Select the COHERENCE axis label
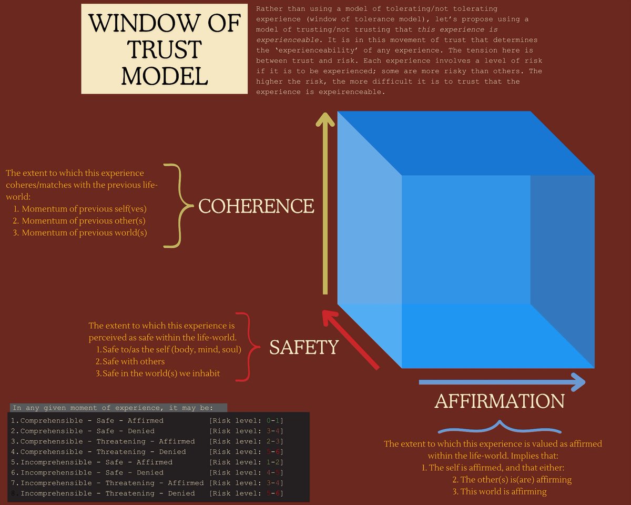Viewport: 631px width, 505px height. [256, 206]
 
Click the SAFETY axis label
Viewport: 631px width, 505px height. [303, 347]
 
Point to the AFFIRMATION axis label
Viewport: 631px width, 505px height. [499, 401]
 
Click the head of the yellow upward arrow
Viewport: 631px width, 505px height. [325, 121]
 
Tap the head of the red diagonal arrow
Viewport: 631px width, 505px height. [329, 318]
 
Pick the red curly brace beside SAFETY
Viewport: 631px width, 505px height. [247, 347]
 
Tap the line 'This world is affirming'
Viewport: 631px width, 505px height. [500, 492]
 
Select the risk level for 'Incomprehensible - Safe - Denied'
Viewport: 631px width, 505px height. [247, 473]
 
